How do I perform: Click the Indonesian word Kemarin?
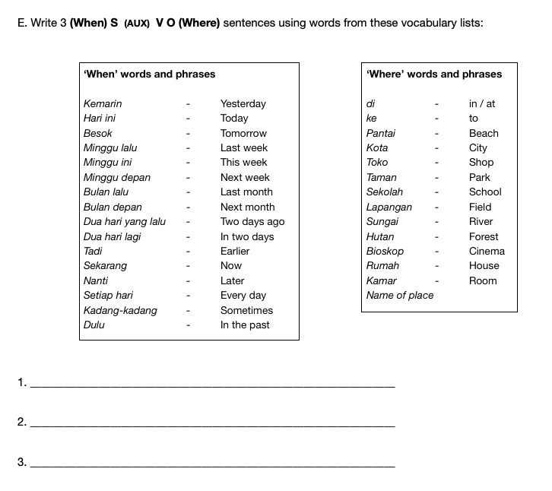coord(103,103)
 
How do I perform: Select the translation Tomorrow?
coord(243,133)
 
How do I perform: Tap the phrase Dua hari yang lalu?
coord(125,221)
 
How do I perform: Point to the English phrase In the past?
coord(245,325)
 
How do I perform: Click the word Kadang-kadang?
coord(120,310)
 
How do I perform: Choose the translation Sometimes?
coord(246,310)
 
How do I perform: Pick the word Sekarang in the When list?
coord(105,265)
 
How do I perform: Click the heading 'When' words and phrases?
coord(149,74)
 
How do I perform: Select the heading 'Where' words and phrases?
coord(434,74)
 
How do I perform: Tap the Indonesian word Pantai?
coord(381,133)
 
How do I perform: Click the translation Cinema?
coord(487,251)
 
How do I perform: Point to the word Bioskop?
coord(385,251)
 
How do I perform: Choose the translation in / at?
coord(482,103)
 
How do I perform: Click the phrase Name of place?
coord(400,295)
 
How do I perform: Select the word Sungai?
coord(382,221)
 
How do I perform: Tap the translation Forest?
coord(484,236)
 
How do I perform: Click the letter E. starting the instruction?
coord(21,23)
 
